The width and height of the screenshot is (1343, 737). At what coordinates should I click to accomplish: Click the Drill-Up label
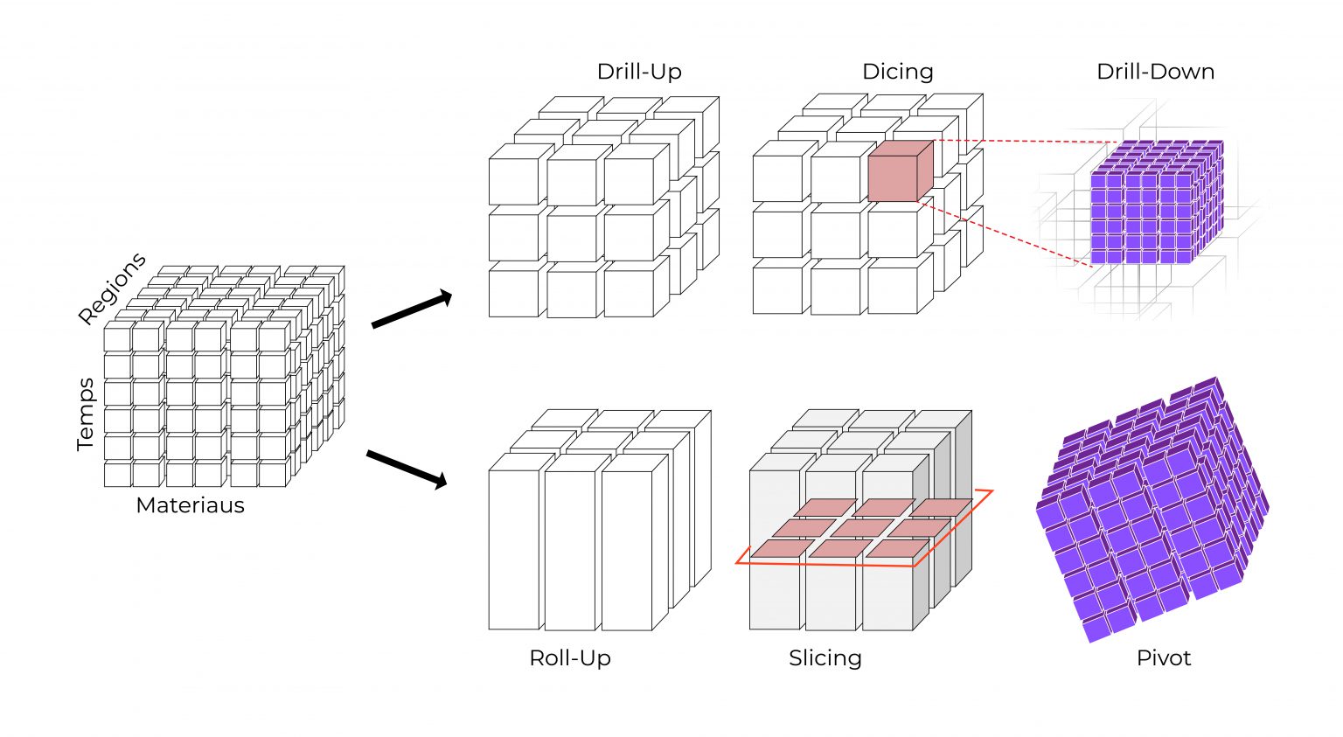(x=639, y=72)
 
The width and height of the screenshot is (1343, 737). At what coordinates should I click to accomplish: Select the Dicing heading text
(x=898, y=72)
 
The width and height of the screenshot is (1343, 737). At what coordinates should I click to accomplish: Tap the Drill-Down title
(x=1155, y=72)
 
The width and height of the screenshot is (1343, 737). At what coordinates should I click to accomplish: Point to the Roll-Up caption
(x=570, y=658)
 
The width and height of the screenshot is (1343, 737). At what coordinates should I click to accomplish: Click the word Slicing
(x=825, y=658)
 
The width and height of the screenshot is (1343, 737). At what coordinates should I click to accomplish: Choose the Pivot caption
(x=1163, y=658)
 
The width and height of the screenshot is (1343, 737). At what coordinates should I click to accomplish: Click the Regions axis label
(x=112, y=289)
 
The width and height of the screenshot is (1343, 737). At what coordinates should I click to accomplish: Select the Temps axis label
(x=86, y=414)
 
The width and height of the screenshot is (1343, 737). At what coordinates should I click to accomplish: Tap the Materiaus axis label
(x=190, y=505)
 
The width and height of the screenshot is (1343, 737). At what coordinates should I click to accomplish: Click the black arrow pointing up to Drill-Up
(x=411, y=311)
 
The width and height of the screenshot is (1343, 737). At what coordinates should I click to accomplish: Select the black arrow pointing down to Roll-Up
(x=407, y=469)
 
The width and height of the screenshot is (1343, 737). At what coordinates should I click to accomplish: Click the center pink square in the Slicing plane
(x=861, y=528)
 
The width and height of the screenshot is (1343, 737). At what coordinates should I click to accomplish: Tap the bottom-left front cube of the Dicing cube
(x=777, y=289)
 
